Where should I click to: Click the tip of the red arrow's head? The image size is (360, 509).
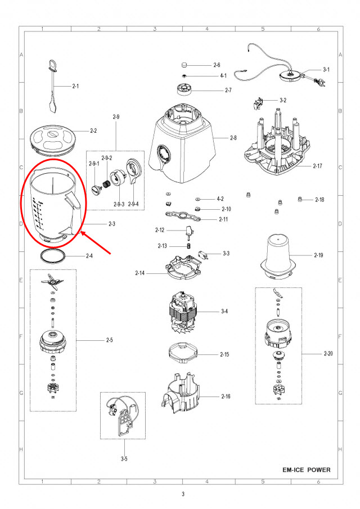click(80, 231)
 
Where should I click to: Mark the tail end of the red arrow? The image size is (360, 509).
click(111, 254)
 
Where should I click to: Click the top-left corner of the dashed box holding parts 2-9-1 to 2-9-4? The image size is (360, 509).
click(86, 151)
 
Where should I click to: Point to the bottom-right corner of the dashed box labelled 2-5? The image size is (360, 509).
click(76, 411)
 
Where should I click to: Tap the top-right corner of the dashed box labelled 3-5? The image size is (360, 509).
click(146, 392)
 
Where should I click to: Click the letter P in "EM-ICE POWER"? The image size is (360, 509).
click(309, 470)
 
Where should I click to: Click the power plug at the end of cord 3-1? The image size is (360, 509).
click(319, 82)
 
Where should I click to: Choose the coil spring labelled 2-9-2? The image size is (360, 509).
click(106, 184)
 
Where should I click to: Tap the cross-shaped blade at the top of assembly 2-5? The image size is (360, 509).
click(51, 281)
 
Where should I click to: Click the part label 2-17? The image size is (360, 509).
click(317, 166)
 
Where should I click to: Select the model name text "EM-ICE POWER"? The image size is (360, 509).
click(307, 470)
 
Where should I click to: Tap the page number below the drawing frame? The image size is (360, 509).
click(183, 494)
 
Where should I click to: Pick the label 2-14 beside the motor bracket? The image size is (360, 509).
click(140, 273)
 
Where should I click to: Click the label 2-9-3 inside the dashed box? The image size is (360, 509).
click(119, 204)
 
